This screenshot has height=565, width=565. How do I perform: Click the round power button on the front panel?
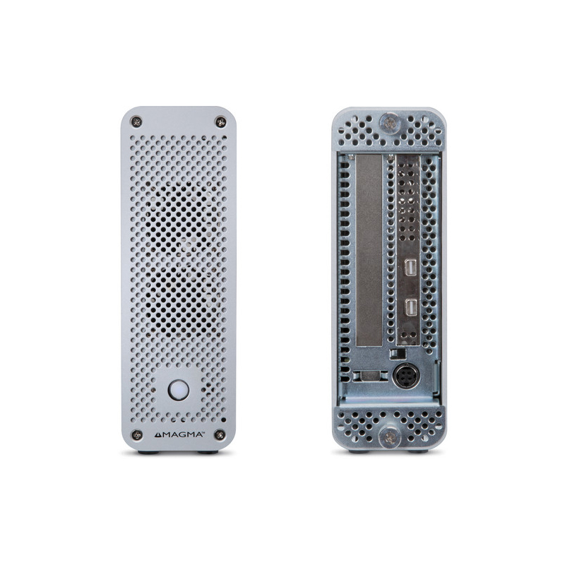coord(179,390)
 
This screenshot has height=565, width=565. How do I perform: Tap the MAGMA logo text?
coord(183,434)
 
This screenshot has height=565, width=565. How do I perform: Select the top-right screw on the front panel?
coord(220,122)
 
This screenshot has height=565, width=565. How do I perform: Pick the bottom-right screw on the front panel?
coord(220,434)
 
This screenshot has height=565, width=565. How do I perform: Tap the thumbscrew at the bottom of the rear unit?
coord(389,437)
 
